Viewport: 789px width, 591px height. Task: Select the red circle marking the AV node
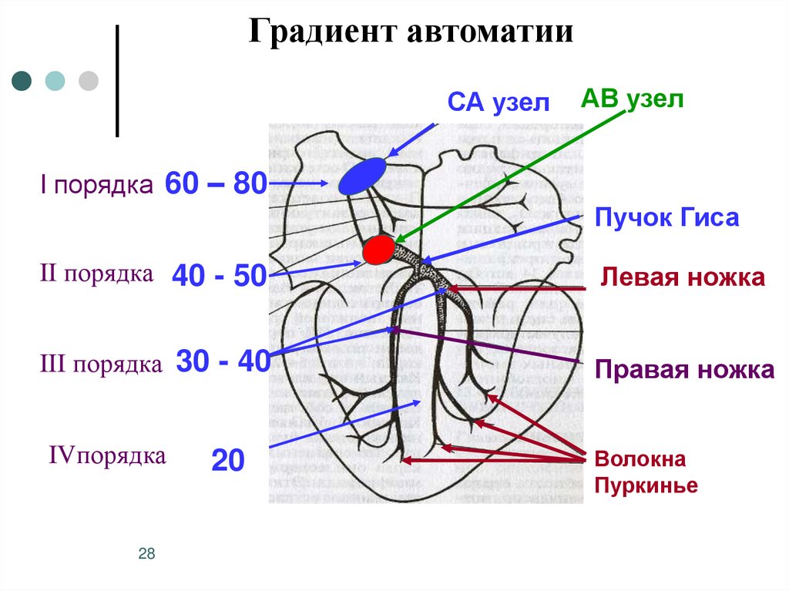(x=378, y=250)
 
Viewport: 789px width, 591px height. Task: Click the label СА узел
(x=499, y=104)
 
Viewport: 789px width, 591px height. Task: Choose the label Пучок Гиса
(x=667, y=218)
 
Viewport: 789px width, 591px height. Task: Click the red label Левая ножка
(x=683, y=277)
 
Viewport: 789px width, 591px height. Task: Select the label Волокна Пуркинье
(x=646, y=473)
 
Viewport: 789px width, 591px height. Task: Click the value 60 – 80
(x=216, y=184)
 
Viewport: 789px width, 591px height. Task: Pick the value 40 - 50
(x=219, y=275)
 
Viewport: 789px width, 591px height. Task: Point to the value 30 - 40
(x=223, y=361)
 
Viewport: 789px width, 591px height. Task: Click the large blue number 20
(x=228, y=462)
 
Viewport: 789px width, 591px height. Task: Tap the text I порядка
(x=96, y=186)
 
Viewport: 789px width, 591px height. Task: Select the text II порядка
(x=96, y=274)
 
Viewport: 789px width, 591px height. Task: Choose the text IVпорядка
(x=107, y=455)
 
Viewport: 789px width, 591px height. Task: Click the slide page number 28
(x=147, y=553)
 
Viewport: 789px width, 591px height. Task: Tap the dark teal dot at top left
(x=22, y=81)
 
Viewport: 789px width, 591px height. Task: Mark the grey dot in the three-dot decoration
(x=89, y=81)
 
